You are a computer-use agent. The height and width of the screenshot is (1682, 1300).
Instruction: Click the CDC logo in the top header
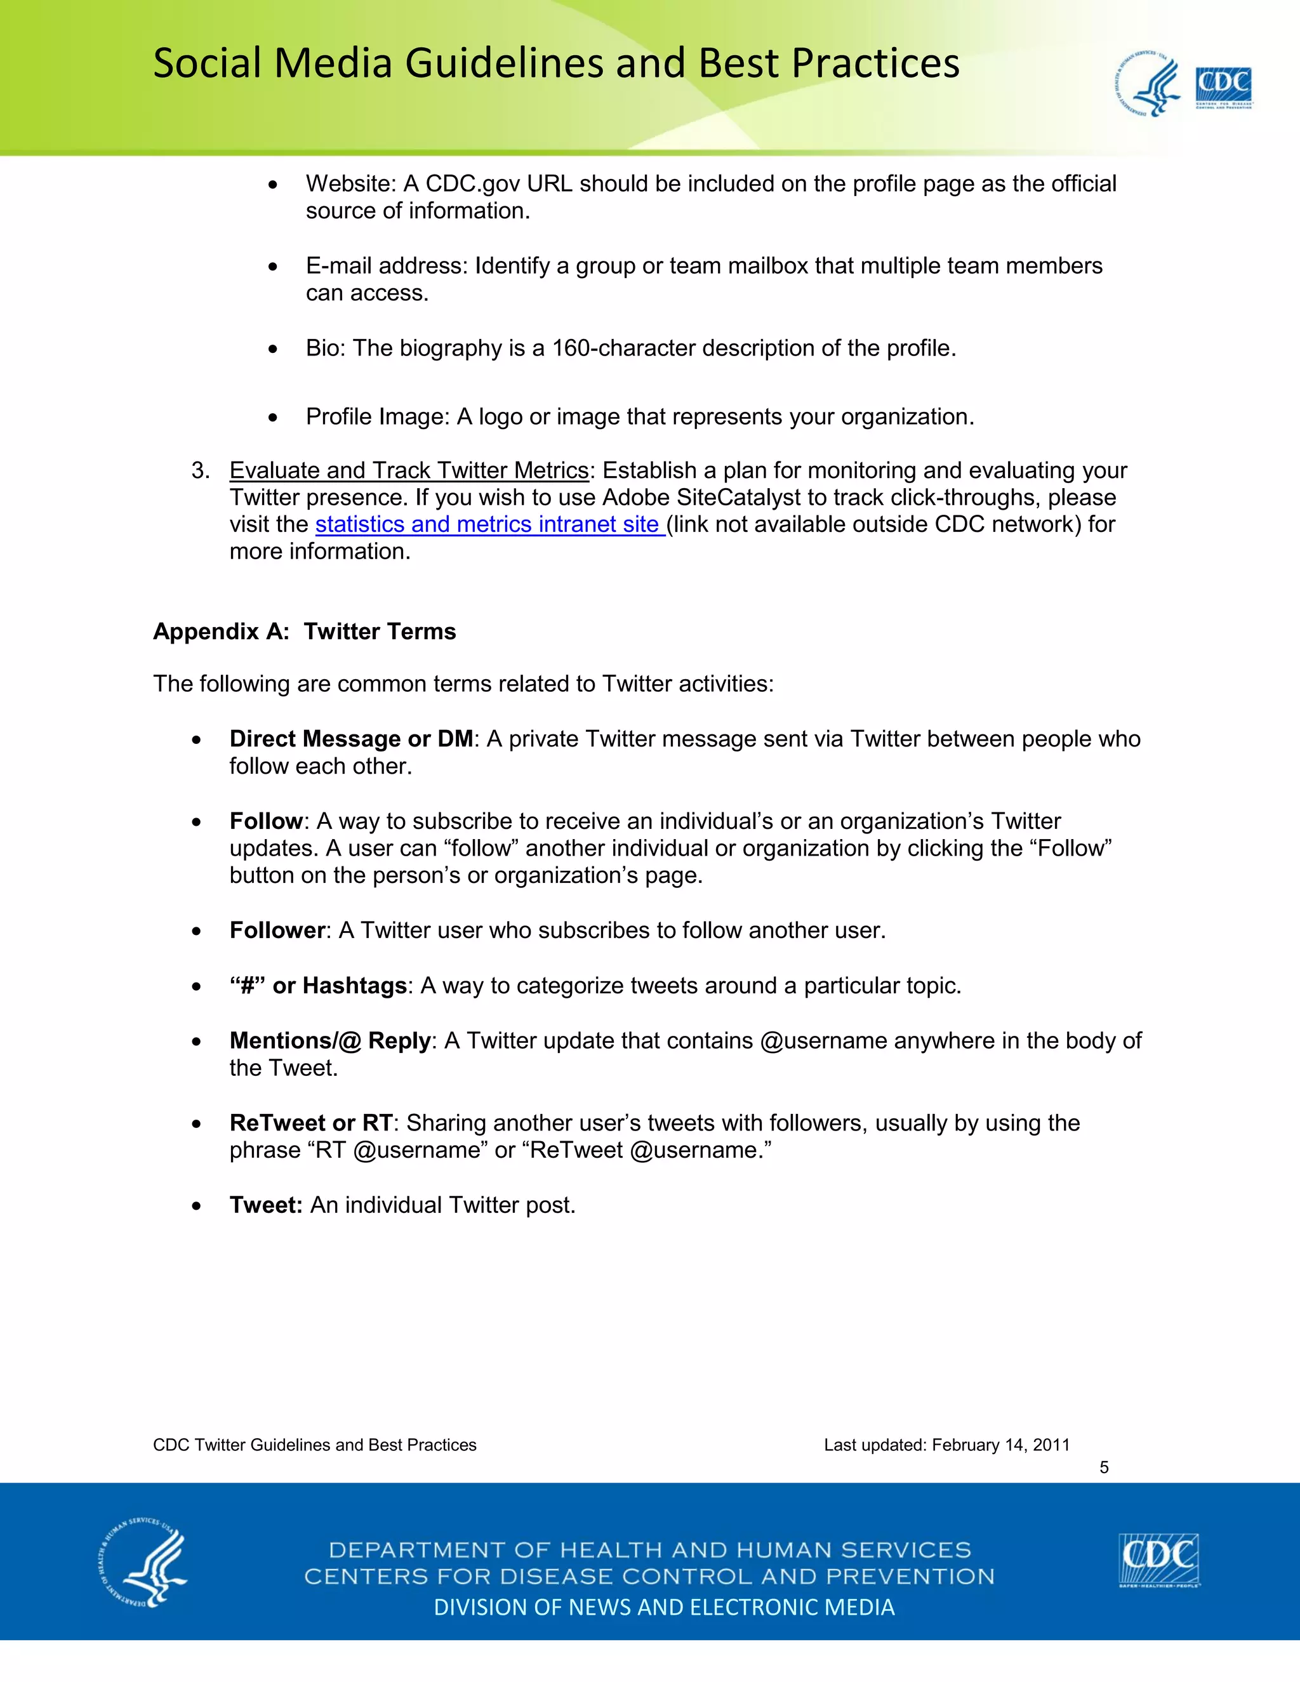point(1223,88)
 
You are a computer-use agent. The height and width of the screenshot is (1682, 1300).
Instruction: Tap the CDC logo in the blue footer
point(1159,1559)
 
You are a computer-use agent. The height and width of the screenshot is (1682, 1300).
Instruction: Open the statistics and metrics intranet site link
point(490,524)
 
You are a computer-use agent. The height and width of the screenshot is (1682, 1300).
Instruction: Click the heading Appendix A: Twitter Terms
point(304,632)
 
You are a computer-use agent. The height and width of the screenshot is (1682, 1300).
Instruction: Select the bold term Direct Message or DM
point(351,739)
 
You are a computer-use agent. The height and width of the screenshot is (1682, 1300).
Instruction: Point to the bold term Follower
point(277,930)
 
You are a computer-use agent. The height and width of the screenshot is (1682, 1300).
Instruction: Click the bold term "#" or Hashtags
point(318,986)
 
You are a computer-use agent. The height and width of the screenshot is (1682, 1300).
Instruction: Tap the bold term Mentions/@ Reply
point(329,1040)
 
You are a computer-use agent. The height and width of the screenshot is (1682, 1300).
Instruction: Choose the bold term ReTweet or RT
point(310,1123)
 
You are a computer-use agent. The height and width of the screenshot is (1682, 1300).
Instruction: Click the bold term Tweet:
point(266,1205)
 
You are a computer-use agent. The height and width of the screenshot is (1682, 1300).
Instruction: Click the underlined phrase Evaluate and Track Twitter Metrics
point(409,470)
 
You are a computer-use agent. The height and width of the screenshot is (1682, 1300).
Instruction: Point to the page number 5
point(1104,1467)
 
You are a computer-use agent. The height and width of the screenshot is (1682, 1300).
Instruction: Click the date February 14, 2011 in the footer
point(1000,1445)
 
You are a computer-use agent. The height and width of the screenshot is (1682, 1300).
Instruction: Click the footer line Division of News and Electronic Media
point(664,1607)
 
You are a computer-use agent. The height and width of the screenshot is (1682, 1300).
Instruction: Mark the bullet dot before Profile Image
point(272,418)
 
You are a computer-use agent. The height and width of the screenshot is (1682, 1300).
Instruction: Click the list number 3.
point(200,470)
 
